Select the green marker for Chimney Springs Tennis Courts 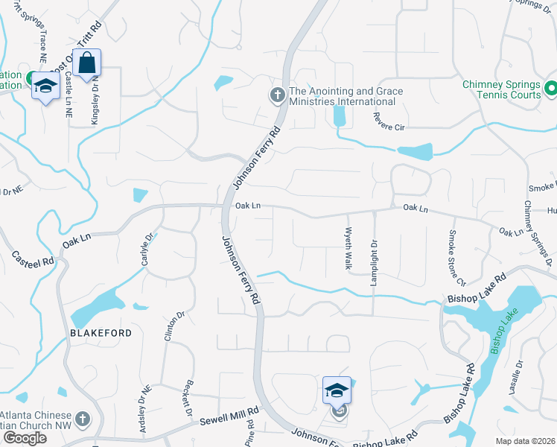click(550, 89)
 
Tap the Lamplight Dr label click(375, 254)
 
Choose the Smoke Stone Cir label click(455, 258)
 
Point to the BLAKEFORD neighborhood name click(101, 333)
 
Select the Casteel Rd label click(33, 259)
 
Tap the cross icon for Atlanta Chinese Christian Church click(83, 420)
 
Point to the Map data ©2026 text click(526, 440)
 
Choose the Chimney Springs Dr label click(537, 233)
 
